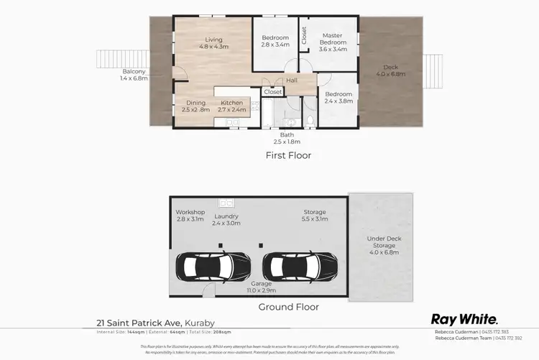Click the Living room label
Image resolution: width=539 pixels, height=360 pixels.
tap(213, 43)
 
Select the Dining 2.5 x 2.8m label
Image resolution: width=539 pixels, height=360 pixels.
tap(195, 107)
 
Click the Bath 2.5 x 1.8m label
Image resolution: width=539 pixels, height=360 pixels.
tap(287, 138)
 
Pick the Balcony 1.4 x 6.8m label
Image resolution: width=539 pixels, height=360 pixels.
tap(134, 75)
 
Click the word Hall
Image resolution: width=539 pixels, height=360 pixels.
tap(291, 81)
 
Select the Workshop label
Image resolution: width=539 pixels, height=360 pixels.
tap(190, 216)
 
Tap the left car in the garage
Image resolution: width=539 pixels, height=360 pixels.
tap(208, 267)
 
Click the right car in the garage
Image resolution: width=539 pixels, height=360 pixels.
tap(300, 267)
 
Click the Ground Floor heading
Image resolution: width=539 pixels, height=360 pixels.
tap(288, 307)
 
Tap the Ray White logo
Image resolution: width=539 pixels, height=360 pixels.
tap(464, 319)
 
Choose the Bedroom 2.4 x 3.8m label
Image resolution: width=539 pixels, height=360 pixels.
tap(338, 98)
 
